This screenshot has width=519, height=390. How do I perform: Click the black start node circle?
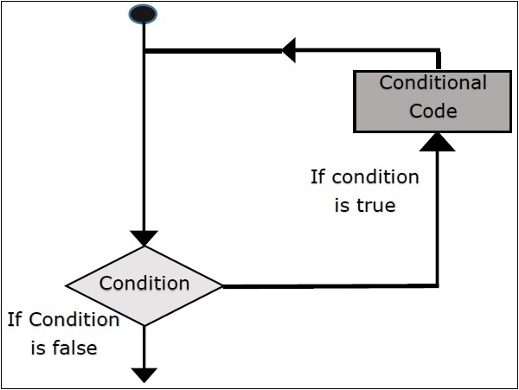[x=143, y=14]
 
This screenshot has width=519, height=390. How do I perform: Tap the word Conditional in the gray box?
[x=433, y=83]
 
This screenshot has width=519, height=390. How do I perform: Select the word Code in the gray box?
[x=433, y=110]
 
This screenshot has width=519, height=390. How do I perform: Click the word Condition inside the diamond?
[x=144, y=283]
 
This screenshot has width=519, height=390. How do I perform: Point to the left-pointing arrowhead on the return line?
[x=289, y=51]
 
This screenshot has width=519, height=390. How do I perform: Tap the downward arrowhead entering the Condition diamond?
[x=144, y=238]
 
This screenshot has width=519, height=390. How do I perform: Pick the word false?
[x=74, y=348]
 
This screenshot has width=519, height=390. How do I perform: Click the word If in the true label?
[x=318, y=177]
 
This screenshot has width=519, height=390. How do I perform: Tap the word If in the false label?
[x=15, y=320]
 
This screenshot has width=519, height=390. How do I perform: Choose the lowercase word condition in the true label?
[x=375, y=177]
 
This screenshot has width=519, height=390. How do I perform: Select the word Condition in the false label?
[x=74, y=320]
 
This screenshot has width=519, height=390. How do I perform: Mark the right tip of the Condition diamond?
[x=222, y=285]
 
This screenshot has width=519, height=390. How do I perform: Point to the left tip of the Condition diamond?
[x=67, y=285]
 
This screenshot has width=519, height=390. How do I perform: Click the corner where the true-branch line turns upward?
[x=439, y=285]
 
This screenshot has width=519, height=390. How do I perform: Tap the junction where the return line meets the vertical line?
[x=144, y=51]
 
